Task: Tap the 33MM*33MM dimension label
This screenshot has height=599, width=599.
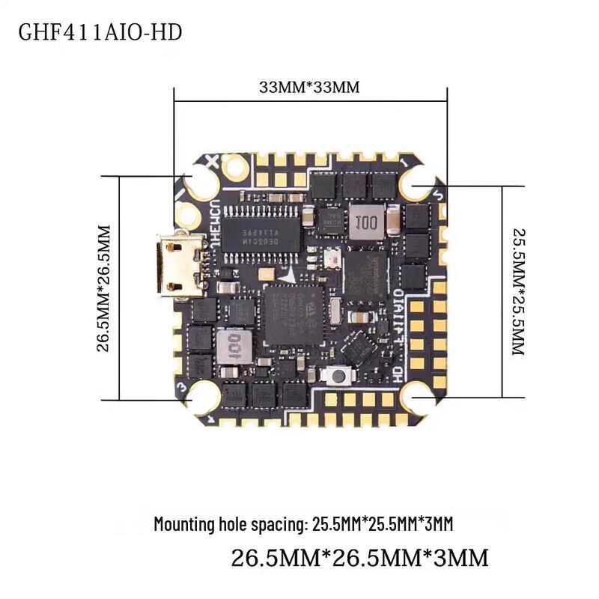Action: coord(309,86)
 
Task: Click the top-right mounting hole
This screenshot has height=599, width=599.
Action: coord(416,183)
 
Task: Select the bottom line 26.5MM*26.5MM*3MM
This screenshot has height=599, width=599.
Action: coord(359,558)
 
